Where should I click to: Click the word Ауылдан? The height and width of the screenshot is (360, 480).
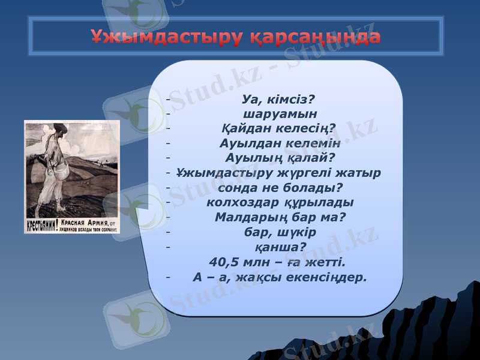click(248, 143)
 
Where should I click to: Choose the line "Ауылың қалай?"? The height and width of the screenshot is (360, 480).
click(279, 158)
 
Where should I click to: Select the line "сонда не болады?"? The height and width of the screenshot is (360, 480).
click(277, 187)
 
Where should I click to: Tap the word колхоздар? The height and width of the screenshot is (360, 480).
click(241, 202)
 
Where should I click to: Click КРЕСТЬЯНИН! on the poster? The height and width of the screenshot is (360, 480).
click(41, 227)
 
